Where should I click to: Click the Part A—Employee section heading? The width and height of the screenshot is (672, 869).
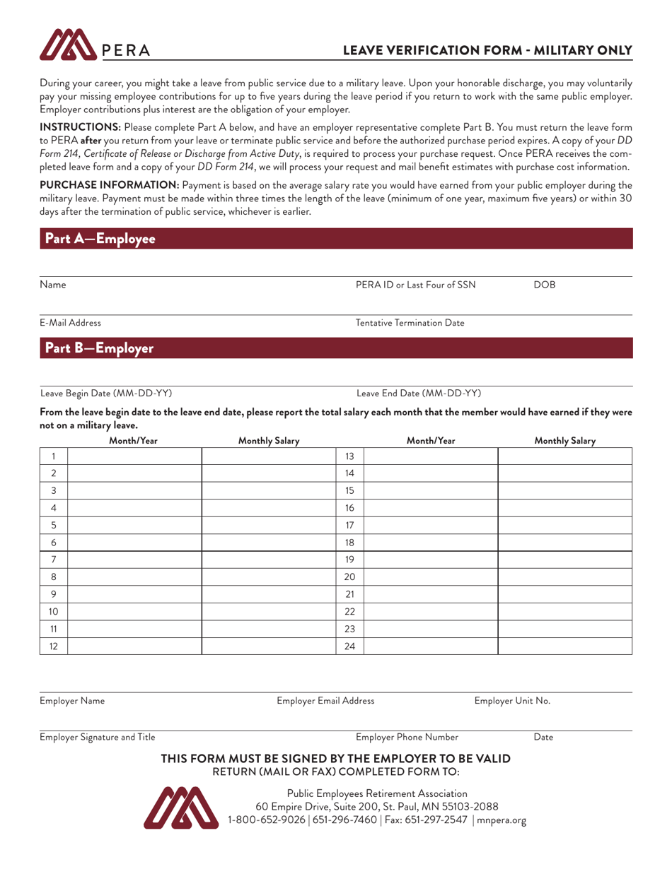pyautogui.click(x=100, y=239)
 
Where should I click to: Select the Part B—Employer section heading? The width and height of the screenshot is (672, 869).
pyautogui.click(x=98, y=348)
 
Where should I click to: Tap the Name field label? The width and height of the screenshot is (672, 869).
pyautogui.click(x=53, y=285)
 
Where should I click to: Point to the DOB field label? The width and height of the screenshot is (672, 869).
pyautogui.click(x=545, y=285)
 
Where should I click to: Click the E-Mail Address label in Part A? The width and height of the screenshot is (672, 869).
pyautogui.click(x=70, y=323)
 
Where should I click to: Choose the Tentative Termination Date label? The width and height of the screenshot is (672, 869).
pyautogui.click(x=410, y=323)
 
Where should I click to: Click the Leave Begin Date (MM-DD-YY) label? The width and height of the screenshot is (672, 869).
pyautogui.click(x=105, y=393)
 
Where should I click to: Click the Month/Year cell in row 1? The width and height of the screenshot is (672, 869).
pyautogui.click(x=134, y=456)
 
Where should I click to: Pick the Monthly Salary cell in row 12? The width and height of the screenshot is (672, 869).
pyautogui.click(x=268, y=645)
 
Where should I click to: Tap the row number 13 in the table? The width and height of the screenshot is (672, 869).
pyautogui.click(x=349, y=456)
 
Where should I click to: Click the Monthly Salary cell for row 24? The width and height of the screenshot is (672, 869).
pyautogui.click(x=564, y=645)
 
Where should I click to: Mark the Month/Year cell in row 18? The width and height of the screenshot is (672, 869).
pyautogui.click(x=430, y=542)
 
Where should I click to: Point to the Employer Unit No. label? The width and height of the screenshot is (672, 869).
pyautogui.click(x=512, y=700)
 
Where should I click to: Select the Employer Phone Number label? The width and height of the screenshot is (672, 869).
pyautogui.click(x=407, y=737)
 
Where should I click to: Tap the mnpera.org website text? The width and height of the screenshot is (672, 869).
pyautogui.click(x=502, y=820)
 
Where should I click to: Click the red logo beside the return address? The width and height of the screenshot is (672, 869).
pyautogui.click(x=181, y=805)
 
